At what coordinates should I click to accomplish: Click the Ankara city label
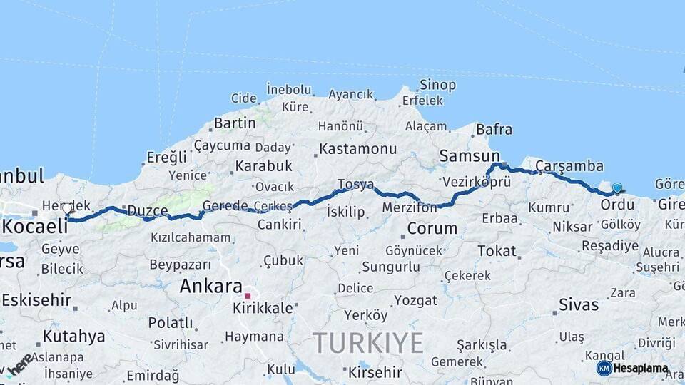point(210,287)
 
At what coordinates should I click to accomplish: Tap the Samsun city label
point(470,155)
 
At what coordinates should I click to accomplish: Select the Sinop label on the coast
point(437,85)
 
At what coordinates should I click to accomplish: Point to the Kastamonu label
point(357,149)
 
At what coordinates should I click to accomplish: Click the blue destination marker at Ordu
point(617,188)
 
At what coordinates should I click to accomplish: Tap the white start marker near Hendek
point(67,209)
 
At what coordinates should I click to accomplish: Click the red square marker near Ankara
point(248,295)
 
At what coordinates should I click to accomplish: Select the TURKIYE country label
point(368,343)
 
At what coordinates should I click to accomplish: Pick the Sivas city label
point(579,305)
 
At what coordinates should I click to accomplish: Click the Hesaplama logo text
point(641,369)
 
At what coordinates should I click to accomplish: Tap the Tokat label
point(497,251)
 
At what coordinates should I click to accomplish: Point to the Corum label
point(432,229)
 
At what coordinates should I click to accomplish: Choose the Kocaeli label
point(36,227)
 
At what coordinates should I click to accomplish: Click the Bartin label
point(235,123)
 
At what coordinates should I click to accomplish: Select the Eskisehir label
point(36,300)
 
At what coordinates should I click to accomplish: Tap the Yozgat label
point(415,300)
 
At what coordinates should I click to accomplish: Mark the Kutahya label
point(73,336)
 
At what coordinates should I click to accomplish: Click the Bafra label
point(494,130)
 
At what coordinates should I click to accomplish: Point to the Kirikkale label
point(263,309)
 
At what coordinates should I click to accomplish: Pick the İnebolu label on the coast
point(289,90)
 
